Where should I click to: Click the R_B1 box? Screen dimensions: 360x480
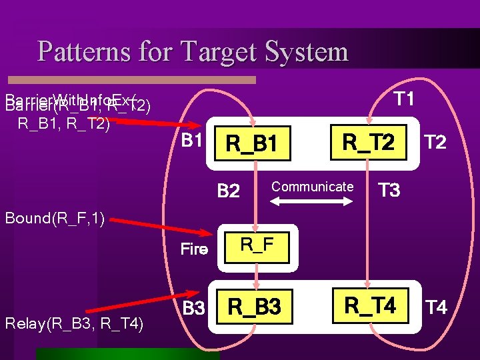pyautogui.click(x=251, y=143)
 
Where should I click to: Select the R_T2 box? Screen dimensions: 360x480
pyautogui.click(x=368, y=142)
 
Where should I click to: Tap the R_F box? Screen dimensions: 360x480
pyautogui.click(x=257, y=245)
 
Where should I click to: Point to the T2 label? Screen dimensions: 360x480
pyautogui.click(x=435, y=143)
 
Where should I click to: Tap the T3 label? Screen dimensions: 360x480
pyautogui.click(x=389, y=191)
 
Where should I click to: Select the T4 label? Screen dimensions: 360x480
pyautogui.click(x=435, y=307)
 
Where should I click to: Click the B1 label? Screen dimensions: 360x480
pyautogui.click(x=192, y=141)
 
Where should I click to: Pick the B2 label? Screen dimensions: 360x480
pyautogui.click(x=229, y=191)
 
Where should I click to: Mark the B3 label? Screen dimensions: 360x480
pyautogui.click(x=193, y=309)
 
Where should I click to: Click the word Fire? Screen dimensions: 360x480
pyautogui.click(x=195, y=250)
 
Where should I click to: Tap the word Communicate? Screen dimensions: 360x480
pyautogui.click(x=312, y=187)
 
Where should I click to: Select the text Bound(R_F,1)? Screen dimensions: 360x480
pyautogui.click(x=55, y=217)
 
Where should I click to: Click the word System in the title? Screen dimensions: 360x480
pyautogui.click(x=306, y=51)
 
